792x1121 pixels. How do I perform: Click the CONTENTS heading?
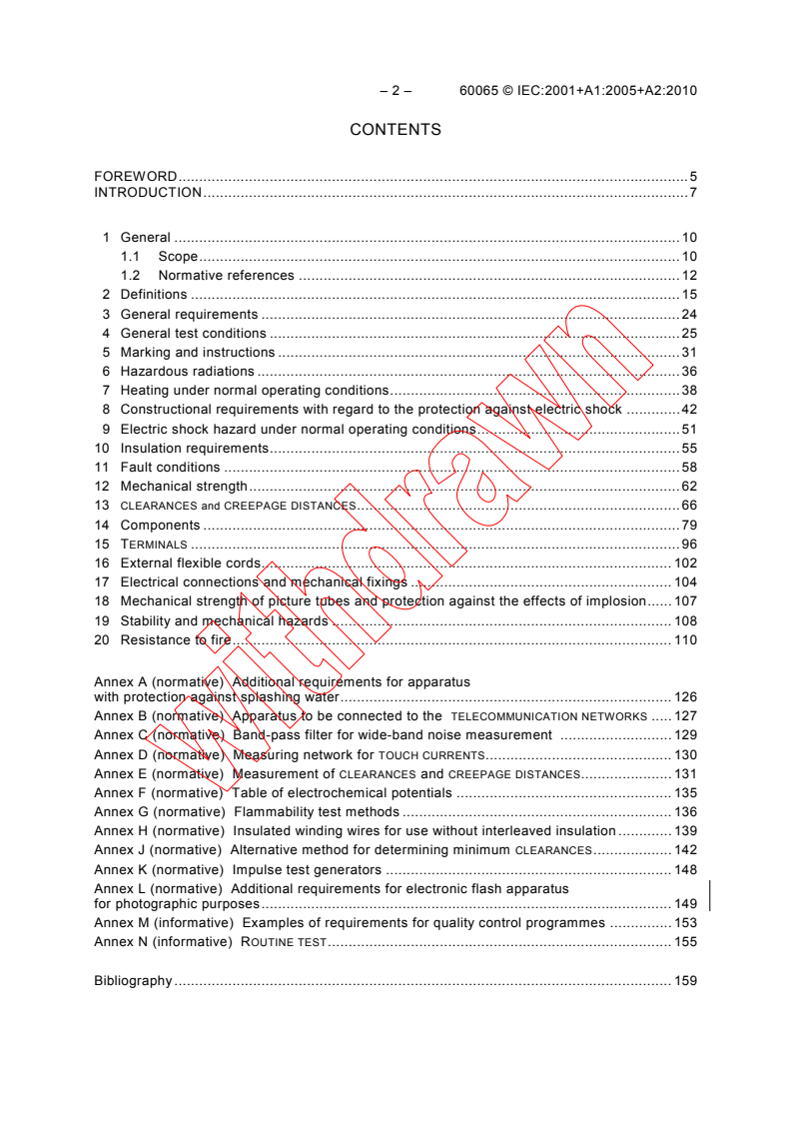396,130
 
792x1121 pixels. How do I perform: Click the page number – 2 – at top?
396,90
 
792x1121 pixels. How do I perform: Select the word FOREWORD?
136,176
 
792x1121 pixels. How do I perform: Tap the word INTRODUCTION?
148,192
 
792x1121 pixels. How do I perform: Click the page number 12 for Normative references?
689,276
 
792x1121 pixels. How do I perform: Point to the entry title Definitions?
154,295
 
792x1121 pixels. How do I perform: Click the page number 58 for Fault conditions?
689,468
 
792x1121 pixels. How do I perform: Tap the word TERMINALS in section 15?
154,545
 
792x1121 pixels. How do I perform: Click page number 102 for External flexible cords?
685,563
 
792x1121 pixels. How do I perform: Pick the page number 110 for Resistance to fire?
685,640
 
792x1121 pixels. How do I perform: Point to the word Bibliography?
133,981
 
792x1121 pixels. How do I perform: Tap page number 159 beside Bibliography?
685,981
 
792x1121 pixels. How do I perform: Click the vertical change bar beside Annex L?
709,895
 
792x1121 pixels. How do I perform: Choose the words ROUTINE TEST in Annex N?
284,942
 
